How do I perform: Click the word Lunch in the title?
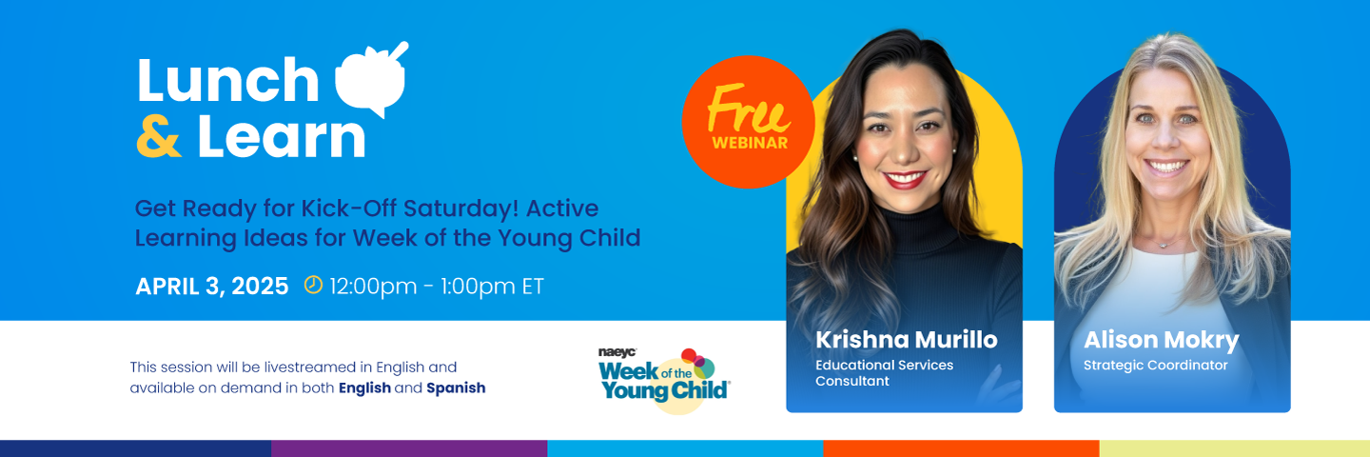tap(227, 80)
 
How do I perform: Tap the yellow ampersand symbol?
tap(159, 136)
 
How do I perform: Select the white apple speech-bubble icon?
tap(371, 78)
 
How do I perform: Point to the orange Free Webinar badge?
tap(749, 122)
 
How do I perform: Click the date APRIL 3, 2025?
tap(211, 287)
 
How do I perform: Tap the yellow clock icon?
tap(313, 285)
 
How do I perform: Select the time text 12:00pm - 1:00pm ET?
tap(436, 287)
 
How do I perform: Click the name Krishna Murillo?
tap(906, 340)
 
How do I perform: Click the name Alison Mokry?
tap(1161, 340)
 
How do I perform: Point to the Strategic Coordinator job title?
tap(1155, 366)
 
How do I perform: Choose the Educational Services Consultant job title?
tap(884, 372)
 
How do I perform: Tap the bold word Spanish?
tap(456, 387)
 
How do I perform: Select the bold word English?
tap(364, 387)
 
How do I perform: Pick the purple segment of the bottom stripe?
tap(409, 448)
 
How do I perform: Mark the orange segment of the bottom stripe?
tap(962, 448)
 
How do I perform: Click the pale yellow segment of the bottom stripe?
tap(1235, 448)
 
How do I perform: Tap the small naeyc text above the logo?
tap(617, 353)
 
